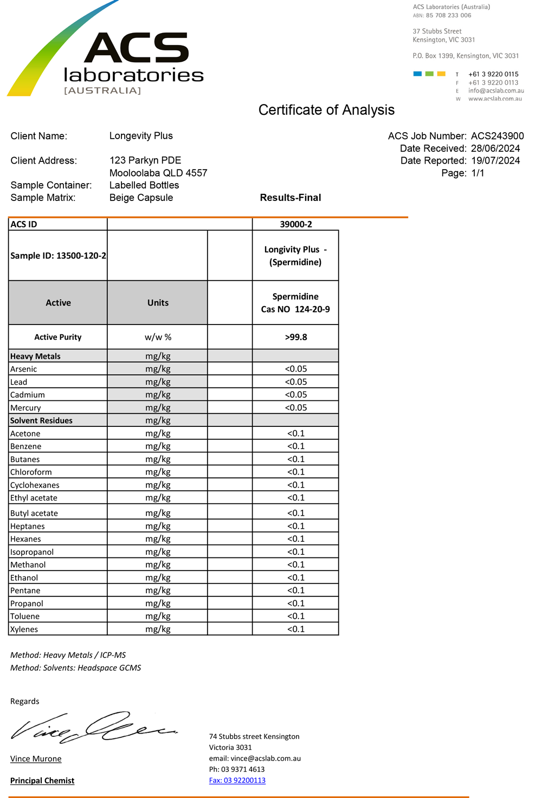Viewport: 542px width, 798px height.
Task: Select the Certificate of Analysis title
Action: tap(326, 110)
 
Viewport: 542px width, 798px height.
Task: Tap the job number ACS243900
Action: tap(497, 136)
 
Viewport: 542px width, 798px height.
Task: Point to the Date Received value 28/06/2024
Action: tap(495, 148)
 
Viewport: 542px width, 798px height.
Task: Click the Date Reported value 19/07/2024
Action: tap(495, 161)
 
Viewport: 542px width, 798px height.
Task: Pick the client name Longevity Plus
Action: tap(141, 136)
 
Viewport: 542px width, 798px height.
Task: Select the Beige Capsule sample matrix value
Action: tap(141, 198)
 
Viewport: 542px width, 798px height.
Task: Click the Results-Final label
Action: tap(291, 198)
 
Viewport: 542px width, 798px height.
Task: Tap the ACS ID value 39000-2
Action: tap(295, 224)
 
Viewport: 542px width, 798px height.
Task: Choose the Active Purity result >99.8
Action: tap(295, 337)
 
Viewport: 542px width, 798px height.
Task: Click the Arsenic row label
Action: tap(24, 369)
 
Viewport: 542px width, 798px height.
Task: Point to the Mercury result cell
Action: tap(295, 407)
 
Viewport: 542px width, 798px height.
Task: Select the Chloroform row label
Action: tap(31, 472)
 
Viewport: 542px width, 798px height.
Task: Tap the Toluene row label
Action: tap(25, 616)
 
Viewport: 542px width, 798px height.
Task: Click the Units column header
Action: tap(158, 303)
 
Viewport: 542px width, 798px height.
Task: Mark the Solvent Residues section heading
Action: tap(41, 420)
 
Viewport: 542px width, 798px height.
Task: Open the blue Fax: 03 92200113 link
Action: tap(237, 780)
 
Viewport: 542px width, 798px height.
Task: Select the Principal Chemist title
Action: tap(42, 781)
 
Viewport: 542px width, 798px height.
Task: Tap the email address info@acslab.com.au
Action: tap(496, 91)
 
